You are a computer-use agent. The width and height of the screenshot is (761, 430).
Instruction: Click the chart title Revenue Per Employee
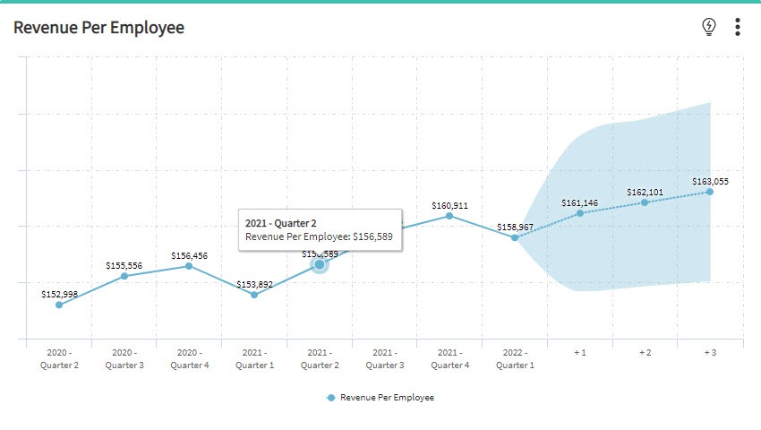click(x=98, y=28)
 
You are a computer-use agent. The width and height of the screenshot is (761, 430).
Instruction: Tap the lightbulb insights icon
click(x=709, y=27)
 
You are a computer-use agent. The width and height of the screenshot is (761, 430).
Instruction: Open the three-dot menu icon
click(x=737, y=27)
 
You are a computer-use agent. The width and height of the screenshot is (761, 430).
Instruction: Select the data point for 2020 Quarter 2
click(x=59, y=305)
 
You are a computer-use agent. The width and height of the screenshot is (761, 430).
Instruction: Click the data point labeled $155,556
click(x=124, y=276)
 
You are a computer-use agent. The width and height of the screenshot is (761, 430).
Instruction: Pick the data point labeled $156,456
click(x=189, y=266)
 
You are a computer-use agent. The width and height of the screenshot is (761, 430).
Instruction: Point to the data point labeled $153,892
click(x=254, y=295)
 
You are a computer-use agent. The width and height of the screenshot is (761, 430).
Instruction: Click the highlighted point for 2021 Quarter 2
click(x=320, y=264)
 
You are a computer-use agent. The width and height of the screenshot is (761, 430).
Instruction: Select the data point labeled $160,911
click(x=449, y=215)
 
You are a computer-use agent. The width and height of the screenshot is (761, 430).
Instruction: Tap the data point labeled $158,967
click(x=515, y=237)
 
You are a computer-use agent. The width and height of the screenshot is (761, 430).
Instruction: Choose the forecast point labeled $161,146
click(x=580, y=213)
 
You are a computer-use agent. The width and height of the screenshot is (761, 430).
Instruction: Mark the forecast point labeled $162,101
click(x=645, y=202)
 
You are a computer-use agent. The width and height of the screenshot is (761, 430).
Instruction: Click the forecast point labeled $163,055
click(x=710, y=192)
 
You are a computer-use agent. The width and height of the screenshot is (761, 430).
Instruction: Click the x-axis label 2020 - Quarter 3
click(x=124, y=358)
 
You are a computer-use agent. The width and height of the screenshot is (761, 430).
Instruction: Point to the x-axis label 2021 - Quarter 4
click(x=449, y=358)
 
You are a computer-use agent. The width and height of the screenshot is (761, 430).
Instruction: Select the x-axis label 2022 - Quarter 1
click(x=515, y=358)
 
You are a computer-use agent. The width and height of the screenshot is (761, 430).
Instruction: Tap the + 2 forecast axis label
click(x=645, y=353)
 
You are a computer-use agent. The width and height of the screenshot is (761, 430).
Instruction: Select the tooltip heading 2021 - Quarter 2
click(x=281, y=222)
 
